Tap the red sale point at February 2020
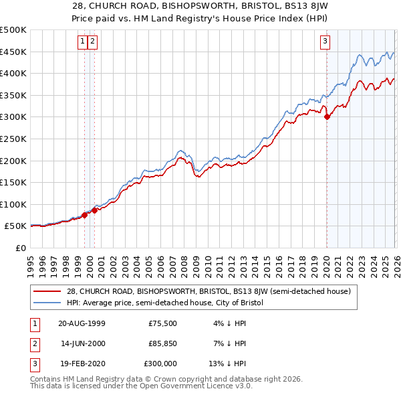(327, 117)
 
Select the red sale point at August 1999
(85, 215)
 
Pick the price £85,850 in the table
(162, 343)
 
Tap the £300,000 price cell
(162, 364)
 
